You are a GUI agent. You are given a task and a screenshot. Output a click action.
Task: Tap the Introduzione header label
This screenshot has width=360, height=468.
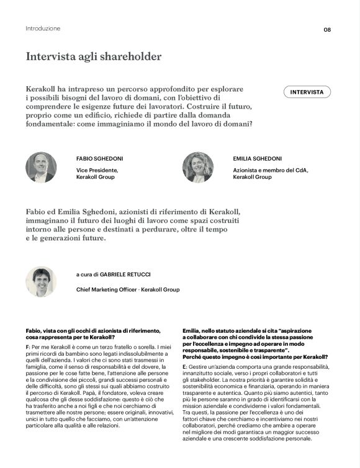click(43, 29)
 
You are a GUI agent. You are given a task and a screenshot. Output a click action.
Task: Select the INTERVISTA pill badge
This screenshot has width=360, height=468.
click(307, 92)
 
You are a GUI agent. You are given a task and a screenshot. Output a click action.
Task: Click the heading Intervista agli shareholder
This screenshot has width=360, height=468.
click(93, 56)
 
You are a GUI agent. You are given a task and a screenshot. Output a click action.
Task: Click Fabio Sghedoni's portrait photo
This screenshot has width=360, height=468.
click(41, 167)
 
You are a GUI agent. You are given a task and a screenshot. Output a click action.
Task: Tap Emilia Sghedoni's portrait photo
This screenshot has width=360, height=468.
click(198, 167)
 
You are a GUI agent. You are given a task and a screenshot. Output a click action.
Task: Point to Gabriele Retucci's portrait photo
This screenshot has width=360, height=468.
click(41, 281)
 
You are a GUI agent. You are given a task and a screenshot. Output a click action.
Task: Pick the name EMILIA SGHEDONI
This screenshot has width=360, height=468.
click(258, 159)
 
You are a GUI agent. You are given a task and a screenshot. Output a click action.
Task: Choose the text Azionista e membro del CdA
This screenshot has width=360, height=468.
click(271, 169)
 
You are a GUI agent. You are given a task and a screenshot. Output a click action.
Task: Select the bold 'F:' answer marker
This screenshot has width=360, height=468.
click(28, 345)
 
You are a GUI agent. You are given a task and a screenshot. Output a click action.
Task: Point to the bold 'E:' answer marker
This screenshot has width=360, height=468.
click(185, 368)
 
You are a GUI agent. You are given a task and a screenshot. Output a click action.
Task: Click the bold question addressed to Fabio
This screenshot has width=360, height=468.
click(93, 334)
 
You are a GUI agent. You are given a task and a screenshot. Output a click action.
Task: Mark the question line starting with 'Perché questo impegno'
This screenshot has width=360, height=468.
click(255, 357)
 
